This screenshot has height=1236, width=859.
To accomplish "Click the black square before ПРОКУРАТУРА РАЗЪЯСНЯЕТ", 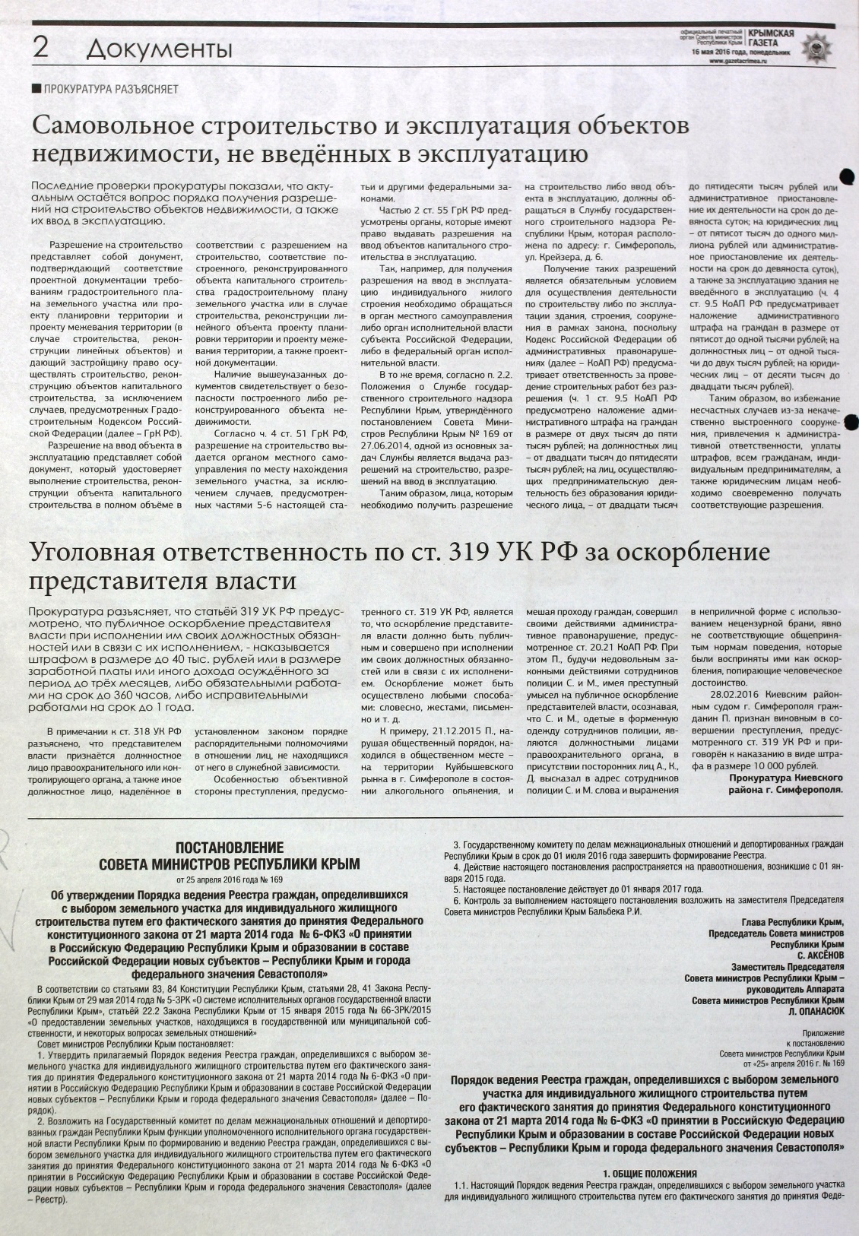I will point(36,89).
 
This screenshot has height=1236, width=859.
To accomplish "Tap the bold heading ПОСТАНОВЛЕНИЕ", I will point(230,848).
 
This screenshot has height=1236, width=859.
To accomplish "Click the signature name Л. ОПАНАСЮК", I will point(816,1012).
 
